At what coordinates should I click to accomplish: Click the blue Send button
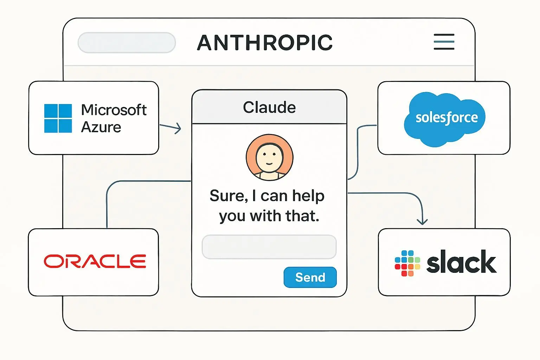tap(310, 277)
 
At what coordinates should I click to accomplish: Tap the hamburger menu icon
tap(444, 42)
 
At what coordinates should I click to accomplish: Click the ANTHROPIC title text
tap(265, 43)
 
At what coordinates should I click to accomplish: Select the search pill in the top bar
tap(127, 43)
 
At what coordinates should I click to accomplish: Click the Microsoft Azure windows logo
tap(58, 118)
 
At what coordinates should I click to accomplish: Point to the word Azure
tap(101, 127)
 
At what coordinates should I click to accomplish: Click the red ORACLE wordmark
tap(95, 262)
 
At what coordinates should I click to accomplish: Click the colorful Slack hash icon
tap(407, 263)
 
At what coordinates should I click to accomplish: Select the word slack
tap(461, 262)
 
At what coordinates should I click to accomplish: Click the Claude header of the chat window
tap(269, 107)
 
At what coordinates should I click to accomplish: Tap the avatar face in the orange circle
tap(269, 157)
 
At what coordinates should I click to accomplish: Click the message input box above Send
tap(269, 247)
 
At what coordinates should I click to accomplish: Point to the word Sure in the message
tap(227, 196)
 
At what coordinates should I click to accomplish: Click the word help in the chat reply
tap(308, 196)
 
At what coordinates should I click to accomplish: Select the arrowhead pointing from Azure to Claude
tap(179, 128)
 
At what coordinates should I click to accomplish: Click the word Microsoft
tap(114, 110)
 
